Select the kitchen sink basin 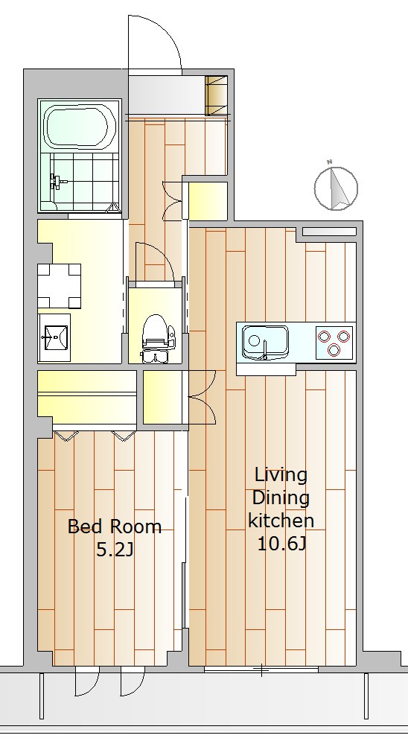[265, 342]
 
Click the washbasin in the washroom [55, 337]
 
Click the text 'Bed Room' [115, 527]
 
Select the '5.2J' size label [114, 549]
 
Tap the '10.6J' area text [282, 544]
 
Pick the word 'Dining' [281, 498]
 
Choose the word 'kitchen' [281, 521]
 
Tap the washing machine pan [59, 286]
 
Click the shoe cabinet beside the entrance [216, 95]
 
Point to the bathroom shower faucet [57, 181]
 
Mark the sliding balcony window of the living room [261, 670]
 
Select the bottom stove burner [335, 350]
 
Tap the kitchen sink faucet [265, 349]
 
